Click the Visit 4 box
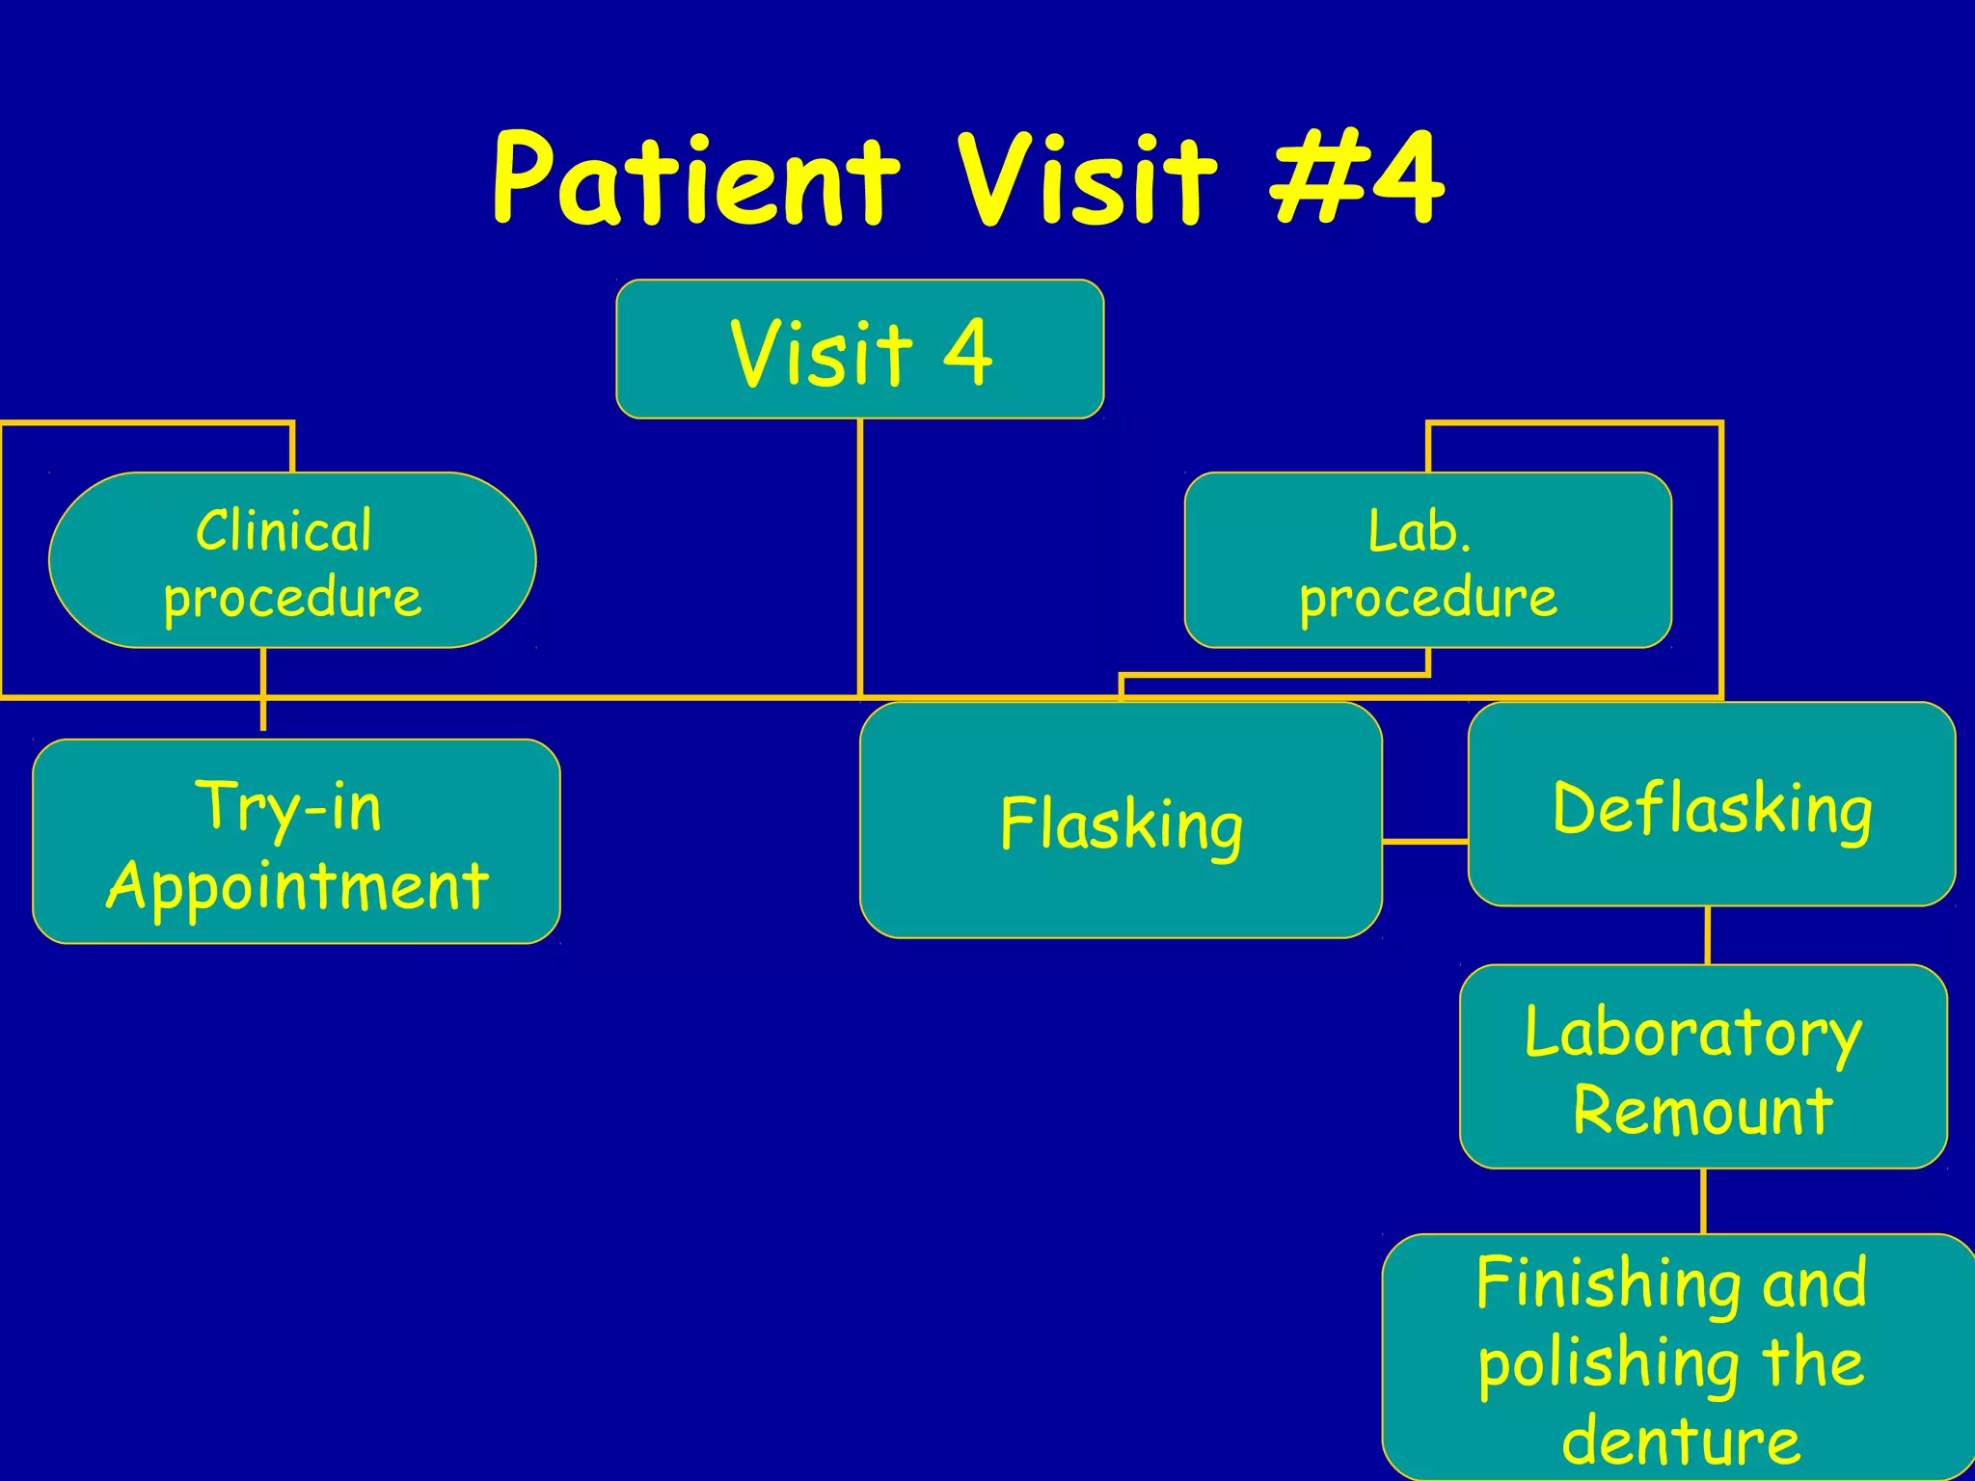click(x=859, y=349)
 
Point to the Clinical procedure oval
click(x=292, y=560)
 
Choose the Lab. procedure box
click(x=1427, y=560)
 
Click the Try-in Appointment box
click(x=296, y=841)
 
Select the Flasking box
click(x=1121, y=821)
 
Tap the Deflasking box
click(x=1711, y=804)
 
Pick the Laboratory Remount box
click(x=1702, y=1066)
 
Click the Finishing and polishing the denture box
click(x=1678, y=1358)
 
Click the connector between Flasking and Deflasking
click(x=1424, y=842)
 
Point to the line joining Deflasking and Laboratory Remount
click(x=1708, y=935)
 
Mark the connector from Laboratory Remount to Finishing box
click(x=1703, y=1201)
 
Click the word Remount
click(x=1702, y=1111)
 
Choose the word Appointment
click(x=298, y=885)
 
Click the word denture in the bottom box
click(x=1681, y=1441)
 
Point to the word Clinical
click(x=284, y=530)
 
